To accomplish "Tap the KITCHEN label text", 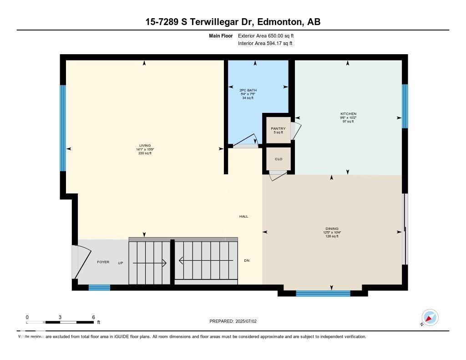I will pyautogui.click(x=349, y=114).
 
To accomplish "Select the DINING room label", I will pyautogui.click(x=332, y=229).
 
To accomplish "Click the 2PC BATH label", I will pyautogui.click(x=248, y=90).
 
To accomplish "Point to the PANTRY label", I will pyautogui.click(x=278, y=129).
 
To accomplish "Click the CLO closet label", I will pyautogui.click(x=279, y=159).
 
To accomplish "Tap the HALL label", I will pyautogui.click(x=243, y=217).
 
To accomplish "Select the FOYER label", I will pyautogui.click(x=103, y=262).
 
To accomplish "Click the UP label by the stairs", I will pyautogui.click(x=121, y=263).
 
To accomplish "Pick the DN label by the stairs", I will pyautogui.click(x=247, y=261).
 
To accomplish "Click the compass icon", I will pyautogui.click(x=430, y=317).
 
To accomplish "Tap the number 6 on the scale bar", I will pyautogui.click(x=93, y=317).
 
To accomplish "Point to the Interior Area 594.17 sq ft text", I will pyautogui.click(x=265, y=44).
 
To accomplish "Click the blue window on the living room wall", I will pyautogui.click(x=63, y=128).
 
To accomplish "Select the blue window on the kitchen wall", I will pyautogui.click(x=405, y=106).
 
